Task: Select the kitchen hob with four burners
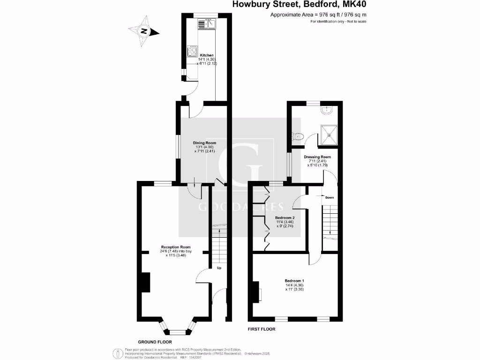coord(192,51)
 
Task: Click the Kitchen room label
coord(207,55)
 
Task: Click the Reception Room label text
coord(176,247)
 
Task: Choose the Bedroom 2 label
coord(284,218)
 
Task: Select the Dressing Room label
coord(319,157)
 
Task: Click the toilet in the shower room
coord(297,136)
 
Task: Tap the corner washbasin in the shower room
coord(327,110)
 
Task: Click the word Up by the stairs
coord(218,268)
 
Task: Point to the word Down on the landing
coord(330,197)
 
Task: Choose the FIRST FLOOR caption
coord(262,330)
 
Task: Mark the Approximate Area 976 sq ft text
coord(318,15)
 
